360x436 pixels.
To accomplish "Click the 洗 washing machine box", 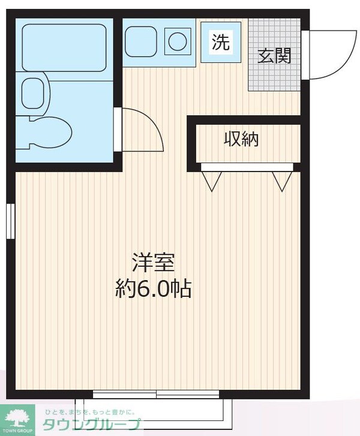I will click(x=221, y=41).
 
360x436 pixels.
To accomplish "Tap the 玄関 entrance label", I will click(x=275, y=56).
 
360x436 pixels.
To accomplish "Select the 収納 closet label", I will click(x=241, y=139).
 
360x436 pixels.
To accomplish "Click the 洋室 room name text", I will click(x=153, y=264).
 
